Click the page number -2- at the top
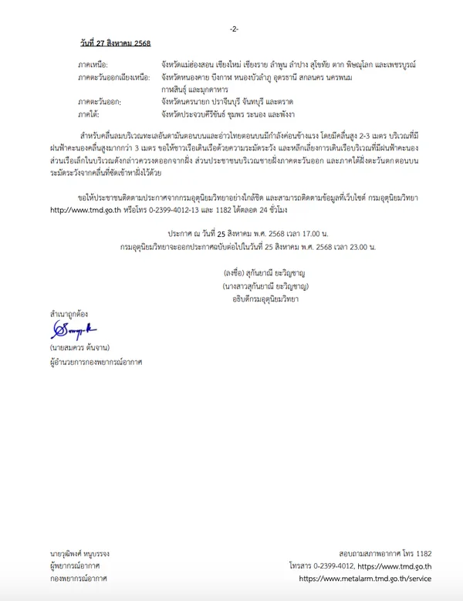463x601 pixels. click(x=234, y=29)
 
